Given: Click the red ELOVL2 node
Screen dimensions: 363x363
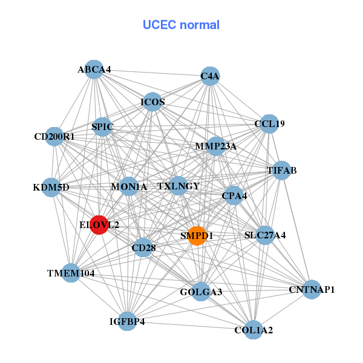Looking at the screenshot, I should pyautogui.click(x=99, y=224).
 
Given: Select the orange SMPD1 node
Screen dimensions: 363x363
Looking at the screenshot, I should pyautogui.click(x=197, y=235).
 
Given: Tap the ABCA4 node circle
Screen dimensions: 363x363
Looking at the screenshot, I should pyautogui.click(x=93, y=70).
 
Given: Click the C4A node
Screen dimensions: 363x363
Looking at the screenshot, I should pyautogui.click(x=210, y=76).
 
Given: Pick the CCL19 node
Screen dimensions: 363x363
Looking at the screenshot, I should pyautogui.click(x=269, y=124).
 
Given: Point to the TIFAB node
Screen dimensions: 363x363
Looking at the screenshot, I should pyautogui.click(x=282, y=170).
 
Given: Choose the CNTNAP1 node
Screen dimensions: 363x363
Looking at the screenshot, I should pyautogui.click(x=312, y=290).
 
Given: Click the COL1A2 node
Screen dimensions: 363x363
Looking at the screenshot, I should pyautogui.click(x=253, y=330).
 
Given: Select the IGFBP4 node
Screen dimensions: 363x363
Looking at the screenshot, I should pyautogui.click(x=128, y=321).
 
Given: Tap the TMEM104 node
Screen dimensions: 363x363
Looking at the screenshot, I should pyautogui.click(x=71, y=273).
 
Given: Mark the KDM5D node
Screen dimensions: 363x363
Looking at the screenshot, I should pyautogui.click(x=51, y=187).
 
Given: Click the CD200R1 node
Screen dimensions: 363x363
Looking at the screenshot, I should pyautogui.click(x=54, y=137).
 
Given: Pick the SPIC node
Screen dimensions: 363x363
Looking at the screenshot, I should pyautogui.click(x=102, y=127).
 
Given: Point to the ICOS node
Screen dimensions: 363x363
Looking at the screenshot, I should pyautogui.click(x=152, y=102).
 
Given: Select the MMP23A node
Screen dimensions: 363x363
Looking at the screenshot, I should pyautogui.click(x=215, y=146).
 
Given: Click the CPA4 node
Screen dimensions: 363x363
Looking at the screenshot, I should pyautogui.click(x=234, y=195).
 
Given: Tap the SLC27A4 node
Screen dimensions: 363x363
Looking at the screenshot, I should pyautogui.click(x=265, y=235).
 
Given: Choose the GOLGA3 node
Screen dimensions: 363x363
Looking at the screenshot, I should pyautogui.click(x=201, y=292).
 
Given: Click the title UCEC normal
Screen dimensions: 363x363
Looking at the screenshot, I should pyautogui.click(x=181, y=25).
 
